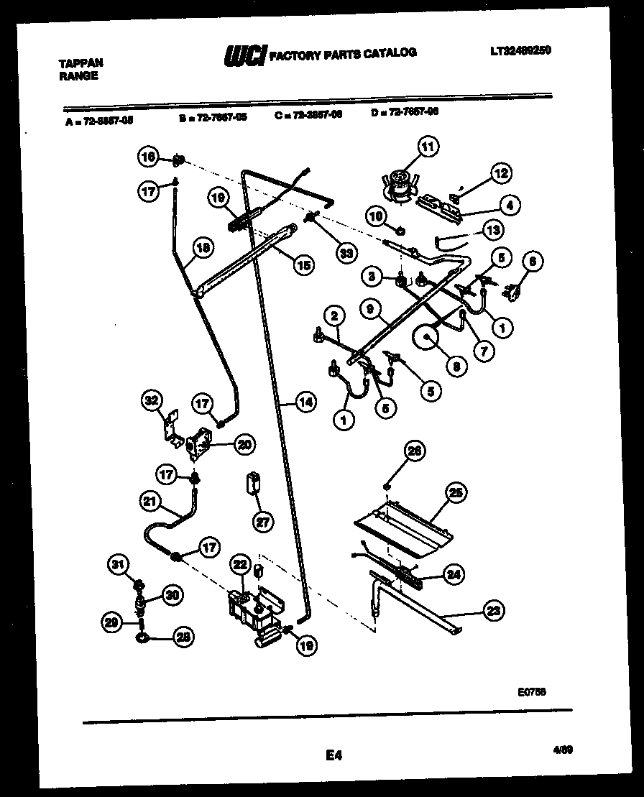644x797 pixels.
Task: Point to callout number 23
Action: tap(493, 611)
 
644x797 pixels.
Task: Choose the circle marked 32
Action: tap(152, 400)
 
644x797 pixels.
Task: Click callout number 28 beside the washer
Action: tap(185, 637)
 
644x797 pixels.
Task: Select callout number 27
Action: tap(263, 522)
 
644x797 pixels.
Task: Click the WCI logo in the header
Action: tap(244, 55)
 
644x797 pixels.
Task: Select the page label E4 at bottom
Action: tap(333, 755)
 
